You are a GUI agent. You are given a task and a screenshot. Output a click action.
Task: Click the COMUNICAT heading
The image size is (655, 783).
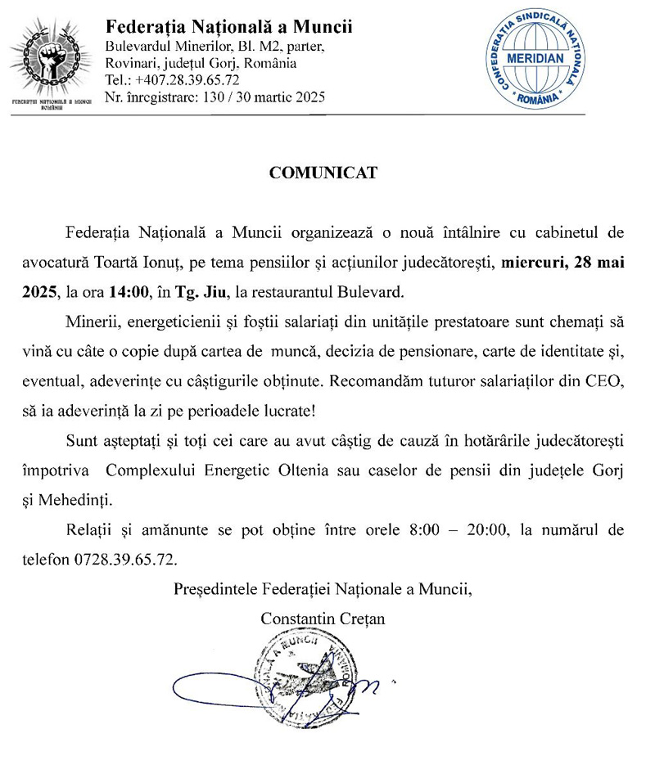[323, 173]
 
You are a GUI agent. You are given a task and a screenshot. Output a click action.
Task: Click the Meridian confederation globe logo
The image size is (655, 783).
[535, 60]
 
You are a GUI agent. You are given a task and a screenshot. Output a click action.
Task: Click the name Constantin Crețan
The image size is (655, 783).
[323, 619]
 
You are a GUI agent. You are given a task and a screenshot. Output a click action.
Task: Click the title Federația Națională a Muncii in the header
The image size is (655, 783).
[229, 27]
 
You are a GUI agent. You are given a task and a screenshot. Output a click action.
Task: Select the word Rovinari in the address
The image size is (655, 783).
[132, 63]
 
